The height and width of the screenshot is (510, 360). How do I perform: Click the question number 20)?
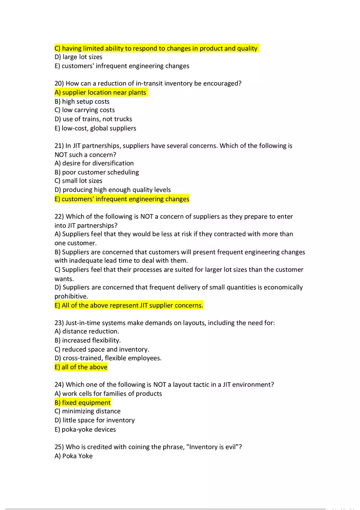(x=59, y=83)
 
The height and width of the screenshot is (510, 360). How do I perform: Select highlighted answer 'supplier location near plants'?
(x=100, y=92)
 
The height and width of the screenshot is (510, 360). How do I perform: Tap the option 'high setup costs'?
(x=82, y=101)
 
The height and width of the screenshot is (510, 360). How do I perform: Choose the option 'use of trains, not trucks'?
(x=93, y=119)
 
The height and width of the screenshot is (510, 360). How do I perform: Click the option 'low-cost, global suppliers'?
(x=95, y=128)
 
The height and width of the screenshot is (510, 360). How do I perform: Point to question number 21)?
(x=59, y=146)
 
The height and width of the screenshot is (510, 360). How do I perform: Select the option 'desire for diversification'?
(x=94, y=163)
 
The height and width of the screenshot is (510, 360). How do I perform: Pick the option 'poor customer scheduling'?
(x=97, y=172)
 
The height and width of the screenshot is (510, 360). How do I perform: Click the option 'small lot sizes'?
(x=79, y=181)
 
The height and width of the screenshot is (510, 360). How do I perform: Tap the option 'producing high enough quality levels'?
(x=112, y=190)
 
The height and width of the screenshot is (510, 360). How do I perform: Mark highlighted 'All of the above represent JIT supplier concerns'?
(x=129, y=305)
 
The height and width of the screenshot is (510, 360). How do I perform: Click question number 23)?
(x=59, y=323)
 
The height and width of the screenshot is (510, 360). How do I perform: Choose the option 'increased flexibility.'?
(x=88, y=340)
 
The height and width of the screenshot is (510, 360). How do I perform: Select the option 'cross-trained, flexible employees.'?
(x=108, y=358)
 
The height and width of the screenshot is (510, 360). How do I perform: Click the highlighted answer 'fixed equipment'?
(x=83, y=402)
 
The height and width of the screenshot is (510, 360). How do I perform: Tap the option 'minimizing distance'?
(x=88, y=411)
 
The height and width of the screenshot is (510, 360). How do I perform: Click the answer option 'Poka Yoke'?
(x=74, y=456)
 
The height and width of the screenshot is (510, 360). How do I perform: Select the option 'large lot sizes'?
(x=79, y=57)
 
